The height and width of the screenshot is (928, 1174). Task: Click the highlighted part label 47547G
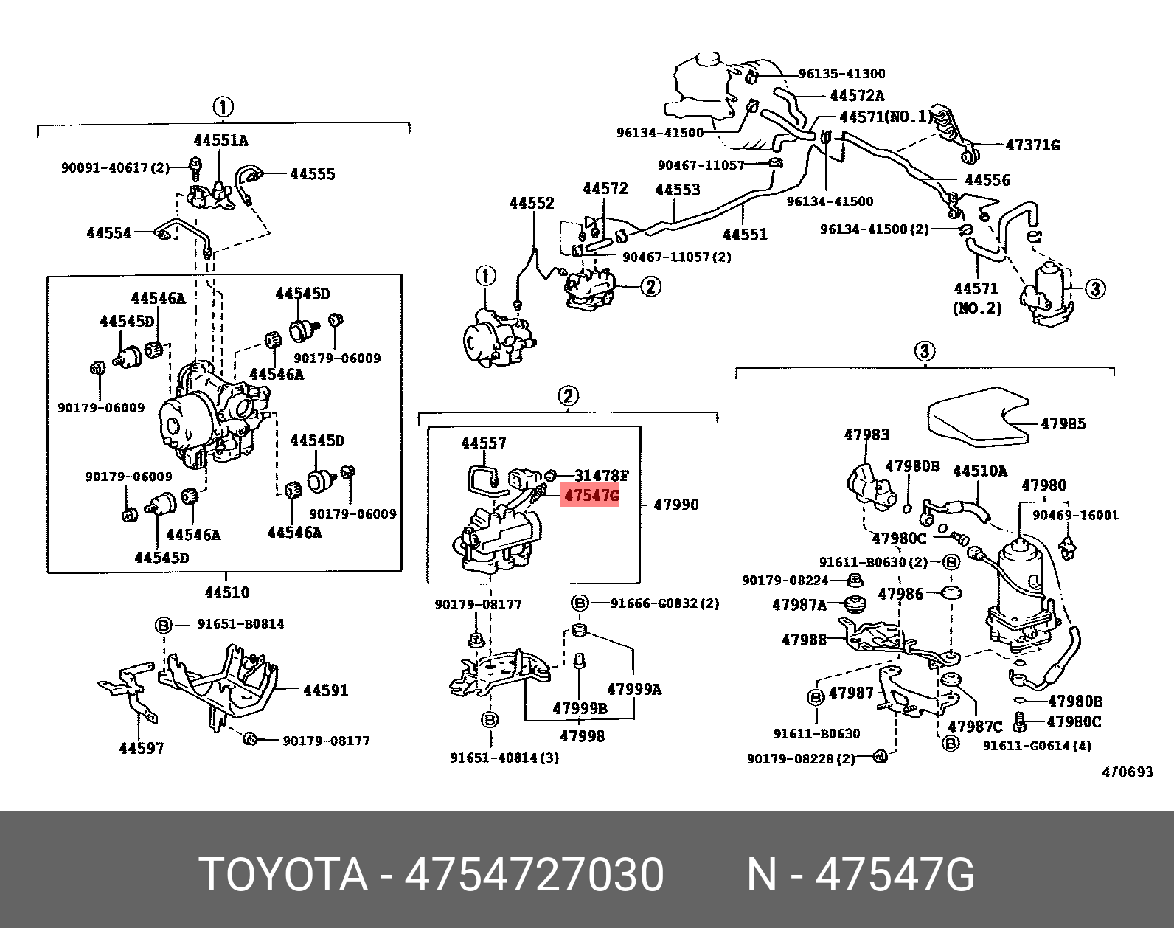click(590, 496)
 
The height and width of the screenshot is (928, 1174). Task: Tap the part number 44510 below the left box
click(226, 592)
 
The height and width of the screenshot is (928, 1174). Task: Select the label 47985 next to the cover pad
click(1063, 423)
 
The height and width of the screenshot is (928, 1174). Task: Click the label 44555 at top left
click(312, 174)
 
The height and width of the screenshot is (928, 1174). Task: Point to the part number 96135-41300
click(842, 74)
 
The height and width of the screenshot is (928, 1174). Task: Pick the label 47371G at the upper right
click(1032, 145)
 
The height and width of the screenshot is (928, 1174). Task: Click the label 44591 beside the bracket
click(326, 690)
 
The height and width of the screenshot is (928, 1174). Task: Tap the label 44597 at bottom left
click(142, 748)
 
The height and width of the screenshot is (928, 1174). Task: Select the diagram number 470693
click(1126, 772)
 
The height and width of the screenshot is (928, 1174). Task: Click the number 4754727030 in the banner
click(535, 875)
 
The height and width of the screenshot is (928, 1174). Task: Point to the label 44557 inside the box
click(484, 443)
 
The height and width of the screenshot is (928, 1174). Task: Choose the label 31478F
click(602, 475)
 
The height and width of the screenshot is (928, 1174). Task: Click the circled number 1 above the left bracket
click(223, 107)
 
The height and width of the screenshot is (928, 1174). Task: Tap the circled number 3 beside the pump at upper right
click(1095, 288)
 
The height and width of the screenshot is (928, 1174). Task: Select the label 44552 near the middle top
click(531, 203)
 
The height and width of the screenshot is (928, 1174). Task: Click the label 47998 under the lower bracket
click(582, 735)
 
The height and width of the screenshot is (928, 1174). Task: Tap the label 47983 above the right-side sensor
click(866, 434)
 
